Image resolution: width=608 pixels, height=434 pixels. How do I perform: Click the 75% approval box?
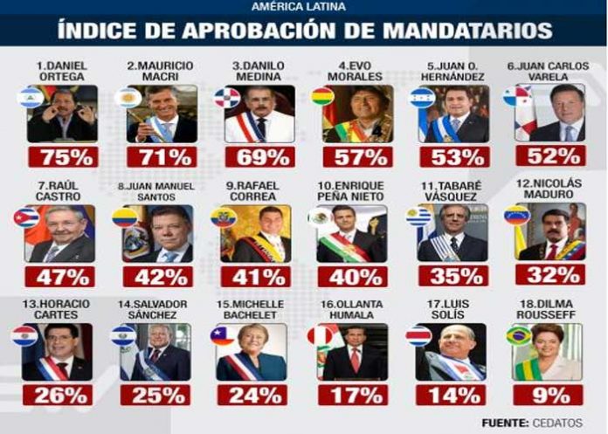(x=63, y=156)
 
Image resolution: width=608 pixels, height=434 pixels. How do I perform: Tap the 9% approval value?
(x=548, y=395)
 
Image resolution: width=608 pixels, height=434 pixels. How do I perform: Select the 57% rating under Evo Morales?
(x=357, y=156)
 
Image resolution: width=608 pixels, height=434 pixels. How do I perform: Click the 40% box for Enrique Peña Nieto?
(x=352, y=276)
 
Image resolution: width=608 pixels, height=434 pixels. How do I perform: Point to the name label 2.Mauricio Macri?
(x=160, y=71)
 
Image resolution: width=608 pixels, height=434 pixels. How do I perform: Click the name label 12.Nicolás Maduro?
(x=549, y=189)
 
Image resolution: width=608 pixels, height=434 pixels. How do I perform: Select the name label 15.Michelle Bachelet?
(x=250, y=309)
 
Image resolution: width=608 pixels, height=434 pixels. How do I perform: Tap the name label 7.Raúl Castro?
(x=59, y=190)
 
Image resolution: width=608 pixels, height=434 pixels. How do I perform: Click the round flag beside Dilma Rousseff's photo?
(x=518, y=335)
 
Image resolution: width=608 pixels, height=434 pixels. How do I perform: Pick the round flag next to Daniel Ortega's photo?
(x=30, y=97)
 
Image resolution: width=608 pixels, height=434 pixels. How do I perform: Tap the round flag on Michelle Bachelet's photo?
(x=223, y=335)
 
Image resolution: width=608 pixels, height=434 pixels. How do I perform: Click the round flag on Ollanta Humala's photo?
(x=321, y=335)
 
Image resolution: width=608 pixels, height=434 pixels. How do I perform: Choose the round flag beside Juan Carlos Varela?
(x=516, y=96)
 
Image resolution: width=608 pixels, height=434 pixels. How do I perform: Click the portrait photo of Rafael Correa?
(x=256, y=234)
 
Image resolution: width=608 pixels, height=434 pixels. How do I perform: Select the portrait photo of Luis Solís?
(x=451, y=352)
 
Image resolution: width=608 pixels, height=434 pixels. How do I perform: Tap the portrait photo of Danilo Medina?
(x=259, y=114)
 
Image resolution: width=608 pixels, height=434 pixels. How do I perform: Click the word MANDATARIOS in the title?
(x=467, y=31)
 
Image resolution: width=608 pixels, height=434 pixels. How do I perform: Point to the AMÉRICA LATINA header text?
(x=299, y=7)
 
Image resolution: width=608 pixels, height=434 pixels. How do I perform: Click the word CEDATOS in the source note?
(x=557, y=423)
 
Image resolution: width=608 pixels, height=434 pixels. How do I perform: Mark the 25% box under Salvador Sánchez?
(x=155, y=395)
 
